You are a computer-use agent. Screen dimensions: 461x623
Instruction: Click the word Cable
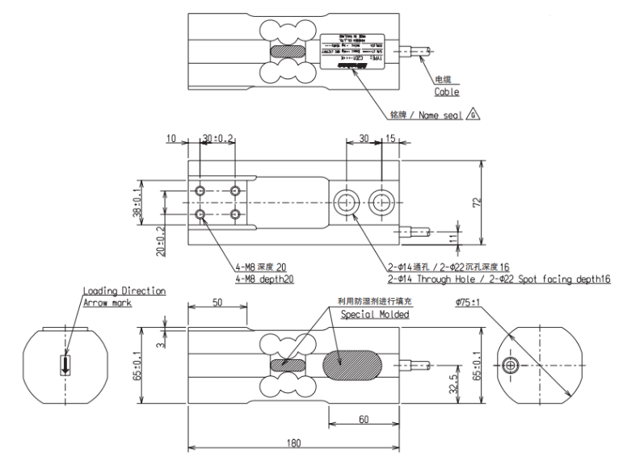point(447,92)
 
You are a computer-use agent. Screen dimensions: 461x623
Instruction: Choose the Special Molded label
point(374,314)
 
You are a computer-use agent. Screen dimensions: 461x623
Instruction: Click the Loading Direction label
point(124,291)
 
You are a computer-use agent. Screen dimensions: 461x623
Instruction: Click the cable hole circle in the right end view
point(510,367)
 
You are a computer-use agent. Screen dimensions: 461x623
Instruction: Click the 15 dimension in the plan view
point(391,139)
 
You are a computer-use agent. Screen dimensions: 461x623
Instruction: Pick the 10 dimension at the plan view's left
point(170,139)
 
